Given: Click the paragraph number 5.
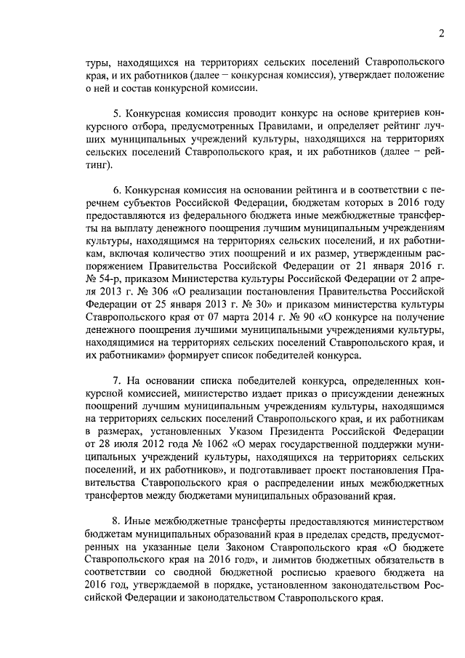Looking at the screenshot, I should pos(116,114).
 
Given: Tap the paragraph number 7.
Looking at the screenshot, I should pos(116,381).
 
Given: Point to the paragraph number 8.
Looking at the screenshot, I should pos(116,521).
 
